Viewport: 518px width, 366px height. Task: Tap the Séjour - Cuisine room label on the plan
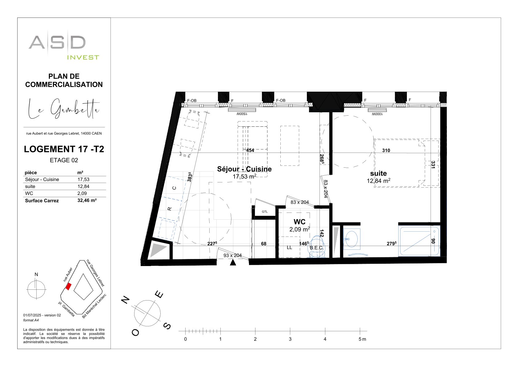[244, 169]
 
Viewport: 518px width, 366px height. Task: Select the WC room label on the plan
[299, 222]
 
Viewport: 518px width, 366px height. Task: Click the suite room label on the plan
[378, 173]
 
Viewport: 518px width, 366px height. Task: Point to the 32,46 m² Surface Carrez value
[87, 200]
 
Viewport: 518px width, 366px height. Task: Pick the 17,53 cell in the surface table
[83, 180]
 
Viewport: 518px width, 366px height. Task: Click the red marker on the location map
[68, 287]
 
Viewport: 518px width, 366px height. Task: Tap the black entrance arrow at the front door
[233, 262]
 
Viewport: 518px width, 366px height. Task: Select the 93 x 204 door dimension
[232, 255]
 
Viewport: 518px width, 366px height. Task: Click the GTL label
[265, 212]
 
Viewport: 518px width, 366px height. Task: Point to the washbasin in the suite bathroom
[351, 239]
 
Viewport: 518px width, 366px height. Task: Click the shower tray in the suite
[419, 241]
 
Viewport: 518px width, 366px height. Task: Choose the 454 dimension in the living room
[250, 150]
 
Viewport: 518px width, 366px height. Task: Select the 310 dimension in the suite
[386, 150]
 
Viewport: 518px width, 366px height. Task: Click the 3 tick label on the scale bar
[290, 339]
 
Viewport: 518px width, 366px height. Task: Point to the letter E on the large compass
[159, 295]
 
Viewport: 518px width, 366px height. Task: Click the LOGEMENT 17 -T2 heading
[64, 149]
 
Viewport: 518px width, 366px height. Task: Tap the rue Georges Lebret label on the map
[95, 273]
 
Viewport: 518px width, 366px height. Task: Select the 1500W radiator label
[242, 114]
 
